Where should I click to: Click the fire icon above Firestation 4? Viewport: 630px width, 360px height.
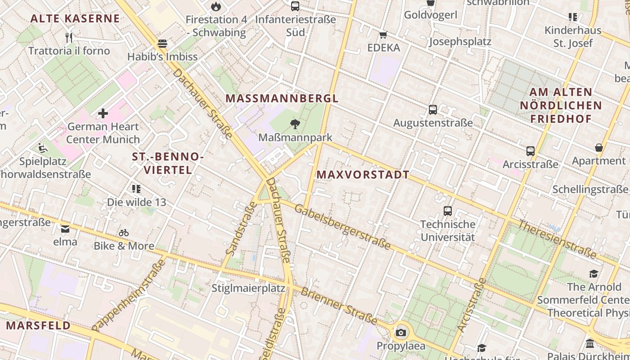click(216, 6)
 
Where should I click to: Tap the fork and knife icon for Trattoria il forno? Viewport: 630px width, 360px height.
click(69, 37)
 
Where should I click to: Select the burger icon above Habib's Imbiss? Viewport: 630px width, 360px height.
click(162, 44)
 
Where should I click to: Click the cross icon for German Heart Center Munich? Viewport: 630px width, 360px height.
click(103, 113)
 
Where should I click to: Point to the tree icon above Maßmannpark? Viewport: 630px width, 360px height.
click(295, 124)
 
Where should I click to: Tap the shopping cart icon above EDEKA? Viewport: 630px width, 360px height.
click(383, 35)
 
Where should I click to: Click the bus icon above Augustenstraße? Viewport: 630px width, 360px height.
click(433, 109)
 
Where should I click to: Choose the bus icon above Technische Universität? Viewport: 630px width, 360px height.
click(448, 211)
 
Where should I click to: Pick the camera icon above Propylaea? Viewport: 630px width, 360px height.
click(400, 333)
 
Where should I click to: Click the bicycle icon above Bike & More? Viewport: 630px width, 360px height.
click(124, 233)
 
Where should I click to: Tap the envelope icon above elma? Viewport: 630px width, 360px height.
click(65, 229)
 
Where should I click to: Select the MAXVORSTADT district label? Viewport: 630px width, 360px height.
click(363, 175)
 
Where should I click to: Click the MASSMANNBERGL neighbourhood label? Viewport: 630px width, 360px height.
click(282, 98)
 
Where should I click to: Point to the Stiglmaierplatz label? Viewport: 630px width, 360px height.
click(248, 288)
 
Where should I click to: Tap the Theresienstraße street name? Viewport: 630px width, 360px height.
click(557, 239)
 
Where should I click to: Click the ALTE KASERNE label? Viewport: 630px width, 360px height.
click(75, 18)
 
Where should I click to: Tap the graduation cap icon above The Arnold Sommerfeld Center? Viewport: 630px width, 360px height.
click(594, 274)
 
